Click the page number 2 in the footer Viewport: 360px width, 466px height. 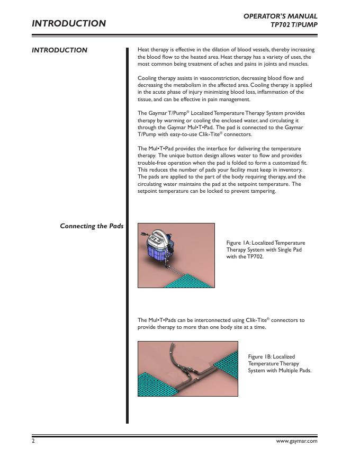click(33, 441)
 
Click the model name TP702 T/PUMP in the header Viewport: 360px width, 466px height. click(294, 25)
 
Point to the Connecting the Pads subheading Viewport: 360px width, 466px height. click(92, 226)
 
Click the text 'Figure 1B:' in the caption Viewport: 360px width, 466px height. click(260, 357)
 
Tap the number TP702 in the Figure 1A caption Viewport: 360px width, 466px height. click(255, 256)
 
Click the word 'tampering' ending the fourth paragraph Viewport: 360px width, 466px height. click(262, 191)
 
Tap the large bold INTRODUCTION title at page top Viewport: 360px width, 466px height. click(69, 23)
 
